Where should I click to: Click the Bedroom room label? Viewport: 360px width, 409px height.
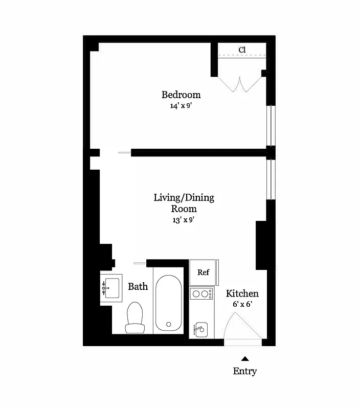pyautogui.click(x=181, y=95)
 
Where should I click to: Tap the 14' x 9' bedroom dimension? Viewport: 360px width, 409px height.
pyautogui.click(x=181, y=106)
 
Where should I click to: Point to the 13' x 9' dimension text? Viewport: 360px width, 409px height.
pyautogui.click(x=184, y=220)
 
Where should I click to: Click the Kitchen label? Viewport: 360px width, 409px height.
pyautogui.click(x=242, y=293)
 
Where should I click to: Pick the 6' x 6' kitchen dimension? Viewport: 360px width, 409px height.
pyautogui.click(x=242, y=304)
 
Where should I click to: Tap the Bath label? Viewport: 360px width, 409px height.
pyautogui.click(x=138, y=286)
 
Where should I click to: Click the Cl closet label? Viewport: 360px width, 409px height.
pyautogui.click(x=242, y=50)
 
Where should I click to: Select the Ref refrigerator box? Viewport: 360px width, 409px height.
pyautogui.click(x=204, y=272)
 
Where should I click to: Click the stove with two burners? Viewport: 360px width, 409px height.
pyautogui.click(x=201, y=294)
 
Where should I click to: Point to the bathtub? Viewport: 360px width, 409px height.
pyautogui.click(x=168, y=304)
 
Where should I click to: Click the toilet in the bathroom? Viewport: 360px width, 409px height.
pyautogui.click(x=135, y=317)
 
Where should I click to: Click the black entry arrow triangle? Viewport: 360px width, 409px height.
pyautogui.click(x=245, y=359)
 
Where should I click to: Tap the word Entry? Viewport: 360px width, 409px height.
pyautogui.click(x=245, y=371)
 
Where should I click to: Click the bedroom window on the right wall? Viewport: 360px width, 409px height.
pyautogui.click(x=273, y=125)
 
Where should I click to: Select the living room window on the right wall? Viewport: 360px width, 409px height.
pyautogui.click(x=273, y=179)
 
